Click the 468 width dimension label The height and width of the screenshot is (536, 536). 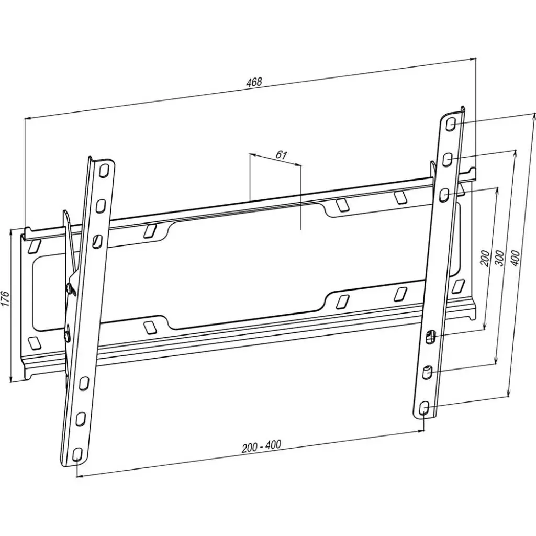pos(254,82)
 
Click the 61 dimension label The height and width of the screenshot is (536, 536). pos(281,154)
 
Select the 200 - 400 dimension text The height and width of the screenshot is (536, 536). pos(261,446)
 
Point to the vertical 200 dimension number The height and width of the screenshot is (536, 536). pos(485,258)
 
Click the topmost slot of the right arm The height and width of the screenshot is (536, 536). pos(452,125)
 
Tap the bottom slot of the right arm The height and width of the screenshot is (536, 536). pos(424,407)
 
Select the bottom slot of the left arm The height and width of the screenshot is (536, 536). pos(77,453)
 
